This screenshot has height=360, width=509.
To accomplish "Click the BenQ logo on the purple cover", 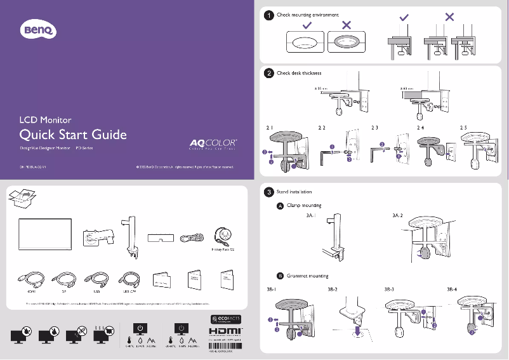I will click(x=40, y=29).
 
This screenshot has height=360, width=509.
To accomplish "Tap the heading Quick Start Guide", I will click(x=73, y=135).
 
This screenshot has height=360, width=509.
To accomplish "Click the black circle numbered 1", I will click(x=269, y=15).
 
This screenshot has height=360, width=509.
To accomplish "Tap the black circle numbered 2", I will click(x=269, y=74).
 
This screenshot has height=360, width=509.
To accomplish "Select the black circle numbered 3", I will click(x=269, y=192).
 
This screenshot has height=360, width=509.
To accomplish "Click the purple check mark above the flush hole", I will click(x=307, y=25).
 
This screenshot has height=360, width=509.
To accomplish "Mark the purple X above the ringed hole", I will click(x=347, y=25).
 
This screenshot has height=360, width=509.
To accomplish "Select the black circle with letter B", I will click(x=280, y=276).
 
